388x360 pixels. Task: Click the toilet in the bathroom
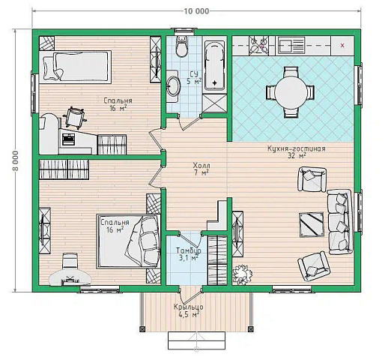[x=181, y=46]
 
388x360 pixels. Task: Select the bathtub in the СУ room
[x=214, y=66]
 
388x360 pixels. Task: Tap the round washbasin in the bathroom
[x=173, y=85]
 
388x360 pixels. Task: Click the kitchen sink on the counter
[x=291, y=45]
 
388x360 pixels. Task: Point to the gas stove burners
[x=259, y=45]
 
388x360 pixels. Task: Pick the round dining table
[x=291, y=91]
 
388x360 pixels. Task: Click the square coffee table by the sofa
[x=312, y=224]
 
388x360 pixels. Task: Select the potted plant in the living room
[x=241, y=274]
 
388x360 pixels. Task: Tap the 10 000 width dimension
[x=196, y=11]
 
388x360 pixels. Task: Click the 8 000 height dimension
[x=15, y=160]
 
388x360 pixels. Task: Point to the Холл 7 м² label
[x=201, y=169]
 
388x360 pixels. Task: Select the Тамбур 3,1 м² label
[x=188, y=253]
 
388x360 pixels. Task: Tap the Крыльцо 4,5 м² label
[x=189, y=310]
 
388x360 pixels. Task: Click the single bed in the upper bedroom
[x=76, y=66]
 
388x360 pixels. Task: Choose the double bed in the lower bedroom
[x=129, y=241]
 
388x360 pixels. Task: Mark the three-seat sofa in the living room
[x=340, y=222]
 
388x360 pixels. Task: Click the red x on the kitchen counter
[x=342, y=46]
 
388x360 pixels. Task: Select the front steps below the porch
[x=197, y=340]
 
